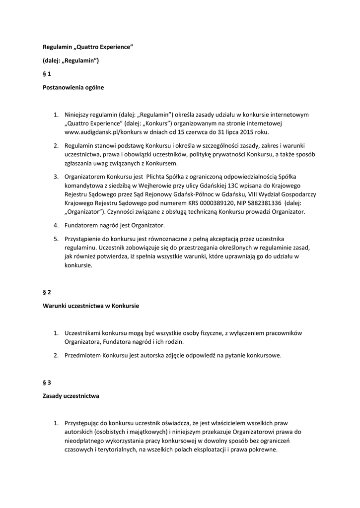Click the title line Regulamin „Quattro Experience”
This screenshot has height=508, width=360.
coord(88,47)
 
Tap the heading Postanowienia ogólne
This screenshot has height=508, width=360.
coord(72,87)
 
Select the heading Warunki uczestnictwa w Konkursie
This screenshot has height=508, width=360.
coord(90,306)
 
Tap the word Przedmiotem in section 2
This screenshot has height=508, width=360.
coord(83,355)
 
